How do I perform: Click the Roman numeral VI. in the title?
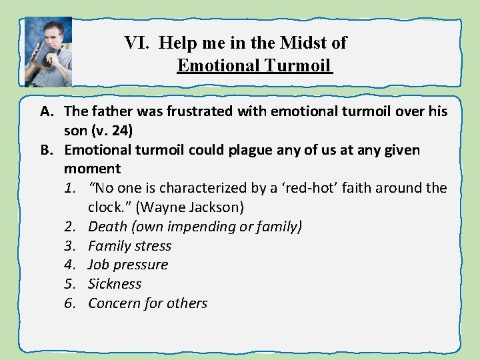[139, 43]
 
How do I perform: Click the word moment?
[93, 169]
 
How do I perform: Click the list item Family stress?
[129, 246]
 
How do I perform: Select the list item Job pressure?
[128, 265]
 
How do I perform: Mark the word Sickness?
[115, 284]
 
